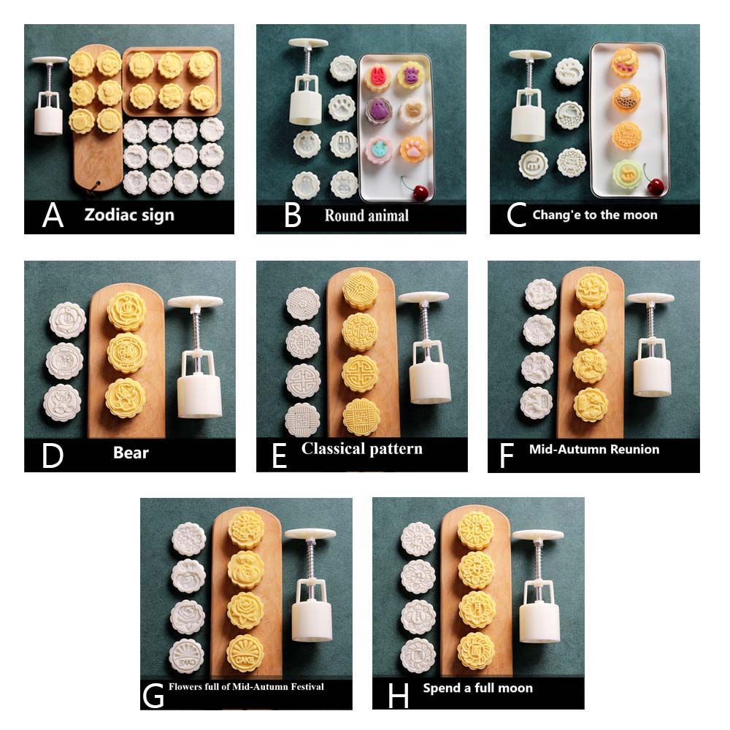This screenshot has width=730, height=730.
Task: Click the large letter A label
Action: tap(53, 215)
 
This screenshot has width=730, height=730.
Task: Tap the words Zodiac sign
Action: tap(129, 215)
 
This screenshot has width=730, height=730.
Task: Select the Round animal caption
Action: tap(366, 215)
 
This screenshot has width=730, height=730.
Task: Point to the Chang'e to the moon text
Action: tap(595, 215)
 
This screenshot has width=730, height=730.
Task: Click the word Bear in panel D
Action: tap(131, 453)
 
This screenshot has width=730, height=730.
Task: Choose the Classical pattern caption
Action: tap(362, 448)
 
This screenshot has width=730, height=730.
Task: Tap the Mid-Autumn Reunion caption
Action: tap(594, 449)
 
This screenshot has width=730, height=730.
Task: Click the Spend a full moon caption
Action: tap(477, 688)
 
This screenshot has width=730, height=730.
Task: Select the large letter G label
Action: tap(153, 696)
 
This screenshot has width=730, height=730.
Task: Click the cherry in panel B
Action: tap(420, 191)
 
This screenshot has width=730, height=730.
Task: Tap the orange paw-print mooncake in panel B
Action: tap(413, 149)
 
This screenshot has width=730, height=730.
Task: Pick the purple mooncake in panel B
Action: tap(378, 111)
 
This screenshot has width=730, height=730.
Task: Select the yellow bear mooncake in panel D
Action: tap(126, 398)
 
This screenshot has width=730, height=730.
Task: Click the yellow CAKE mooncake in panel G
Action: tap(245, 653)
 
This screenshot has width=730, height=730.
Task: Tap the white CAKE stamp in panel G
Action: tap(186, 656)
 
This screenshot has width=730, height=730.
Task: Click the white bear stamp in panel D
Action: tap(62, 403)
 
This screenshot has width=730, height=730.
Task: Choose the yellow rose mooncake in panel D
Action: tap(126, 311)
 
